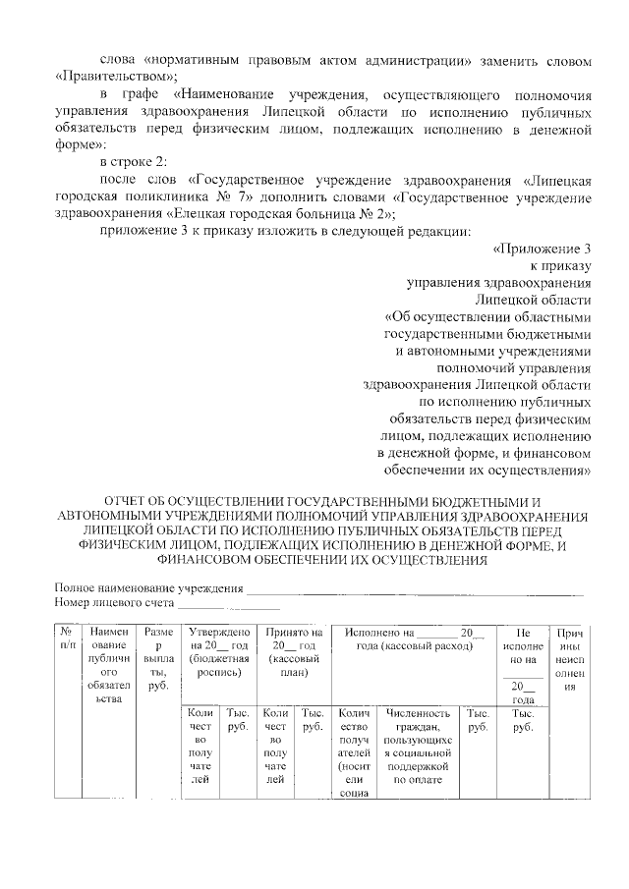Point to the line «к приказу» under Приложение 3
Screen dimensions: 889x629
point(561,265)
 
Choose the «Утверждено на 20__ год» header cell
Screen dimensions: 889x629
point(217,652)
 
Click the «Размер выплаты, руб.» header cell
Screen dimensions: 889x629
point(155,658)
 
